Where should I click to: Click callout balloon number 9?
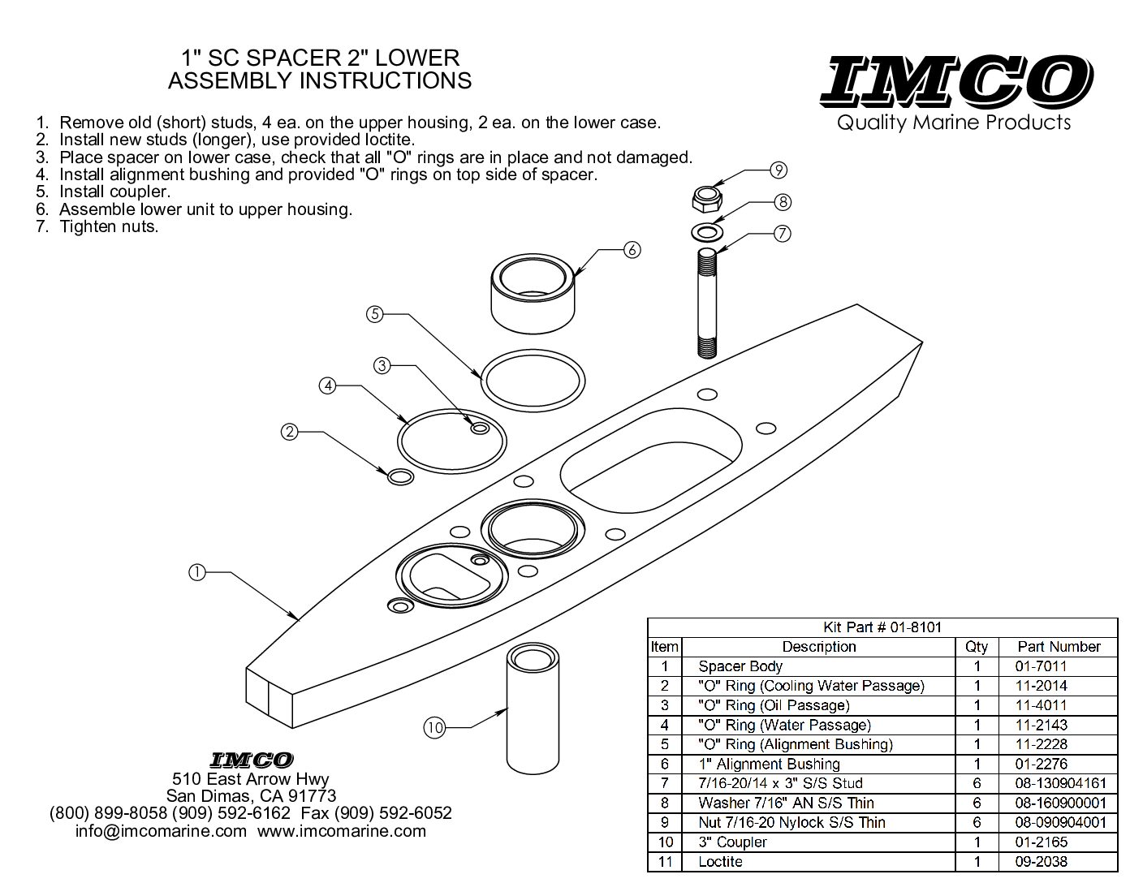779,170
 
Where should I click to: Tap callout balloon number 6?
632,249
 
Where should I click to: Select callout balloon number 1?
196,571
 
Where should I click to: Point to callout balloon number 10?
435,728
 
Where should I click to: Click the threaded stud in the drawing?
708,304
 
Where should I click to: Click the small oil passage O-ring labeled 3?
480,427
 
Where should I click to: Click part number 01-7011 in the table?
1041,666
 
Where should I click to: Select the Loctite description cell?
720,861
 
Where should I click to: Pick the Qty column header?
977,647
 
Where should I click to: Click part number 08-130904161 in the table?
1060,783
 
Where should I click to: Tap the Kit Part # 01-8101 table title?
882,627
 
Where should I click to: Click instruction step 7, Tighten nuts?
108,226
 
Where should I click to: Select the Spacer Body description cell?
740,666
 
